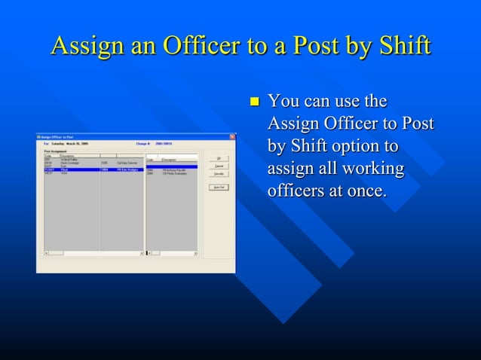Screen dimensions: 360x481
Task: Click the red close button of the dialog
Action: tap(231, 137)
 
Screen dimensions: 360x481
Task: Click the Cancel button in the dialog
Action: tap(218, 166)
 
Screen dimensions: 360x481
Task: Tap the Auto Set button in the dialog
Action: tap(218, 188)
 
